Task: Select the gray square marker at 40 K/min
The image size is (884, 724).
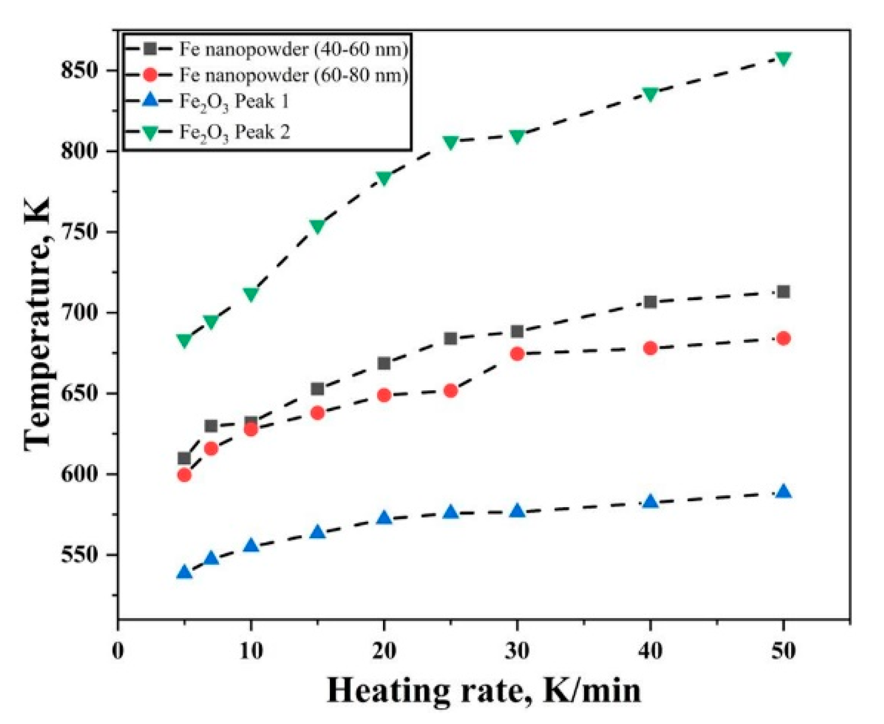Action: point(650,302)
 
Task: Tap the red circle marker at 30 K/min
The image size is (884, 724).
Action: point(517,354)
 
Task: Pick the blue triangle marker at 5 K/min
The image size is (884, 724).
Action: point(184,572)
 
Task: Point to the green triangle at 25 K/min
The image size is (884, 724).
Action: point(450,142)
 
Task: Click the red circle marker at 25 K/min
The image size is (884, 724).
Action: point(450,391)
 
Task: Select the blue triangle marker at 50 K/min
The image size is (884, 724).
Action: point(783,492)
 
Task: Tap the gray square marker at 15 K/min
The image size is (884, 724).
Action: point(317,389)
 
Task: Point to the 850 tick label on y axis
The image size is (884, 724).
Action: point(80,71)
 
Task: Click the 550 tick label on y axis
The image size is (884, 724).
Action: point(80,555)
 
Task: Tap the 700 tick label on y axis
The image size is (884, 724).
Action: point(80,313)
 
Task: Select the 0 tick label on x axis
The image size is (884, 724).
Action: point(118,651)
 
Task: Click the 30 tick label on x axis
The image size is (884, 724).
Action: point(517,651)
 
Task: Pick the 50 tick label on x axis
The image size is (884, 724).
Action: point(783,651)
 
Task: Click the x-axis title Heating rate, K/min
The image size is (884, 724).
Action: point(484,691)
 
